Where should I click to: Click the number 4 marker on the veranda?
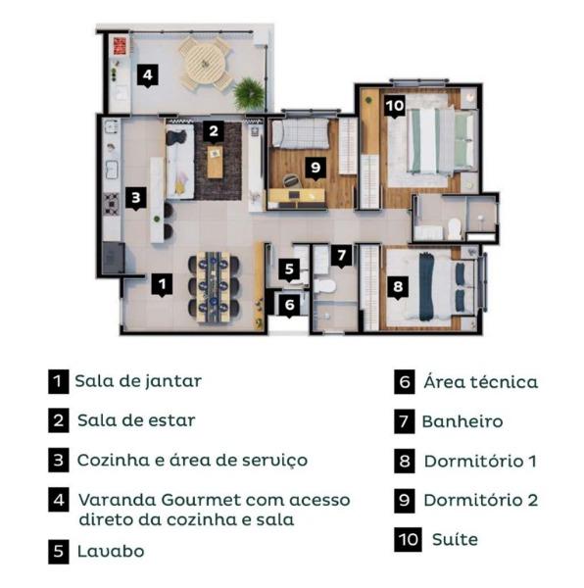[x=147, y=75]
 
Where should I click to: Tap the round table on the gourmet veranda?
[x=206, y=64]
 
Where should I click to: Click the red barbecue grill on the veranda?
[x=120, y=46]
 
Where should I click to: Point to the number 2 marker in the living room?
[x=214, y=131]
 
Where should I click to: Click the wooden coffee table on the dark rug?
[x=215, y=162]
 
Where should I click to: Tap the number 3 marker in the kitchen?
[x=135, y=198]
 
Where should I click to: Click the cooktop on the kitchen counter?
[x=111, y=204]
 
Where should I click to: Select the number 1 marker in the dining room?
[x=162, y=284]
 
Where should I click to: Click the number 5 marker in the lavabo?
[x=289, y=269]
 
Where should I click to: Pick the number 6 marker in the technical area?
[x=289, y=305]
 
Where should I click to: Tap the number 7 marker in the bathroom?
[x=341, y=256]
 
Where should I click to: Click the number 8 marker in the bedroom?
[x=398, y=287]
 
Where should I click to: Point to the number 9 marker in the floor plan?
[x=316, y=168]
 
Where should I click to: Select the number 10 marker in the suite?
[x=395, y=106]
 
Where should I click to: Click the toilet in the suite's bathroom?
[x=455, y=228]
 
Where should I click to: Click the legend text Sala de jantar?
[x=138, y=381]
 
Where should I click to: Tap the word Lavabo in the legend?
[x=111, y=551]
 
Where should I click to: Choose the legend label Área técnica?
[x=481, y=382]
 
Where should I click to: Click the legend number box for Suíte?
[x=408, y=540]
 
